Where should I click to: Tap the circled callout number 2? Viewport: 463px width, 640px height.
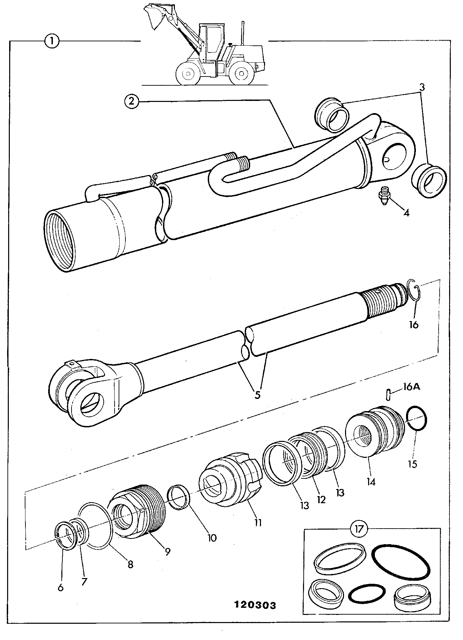click(x=132, y=101)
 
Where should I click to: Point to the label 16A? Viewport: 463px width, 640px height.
click(x=411, y=386)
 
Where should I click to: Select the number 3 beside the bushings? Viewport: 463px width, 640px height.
click(x=422, y=87)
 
